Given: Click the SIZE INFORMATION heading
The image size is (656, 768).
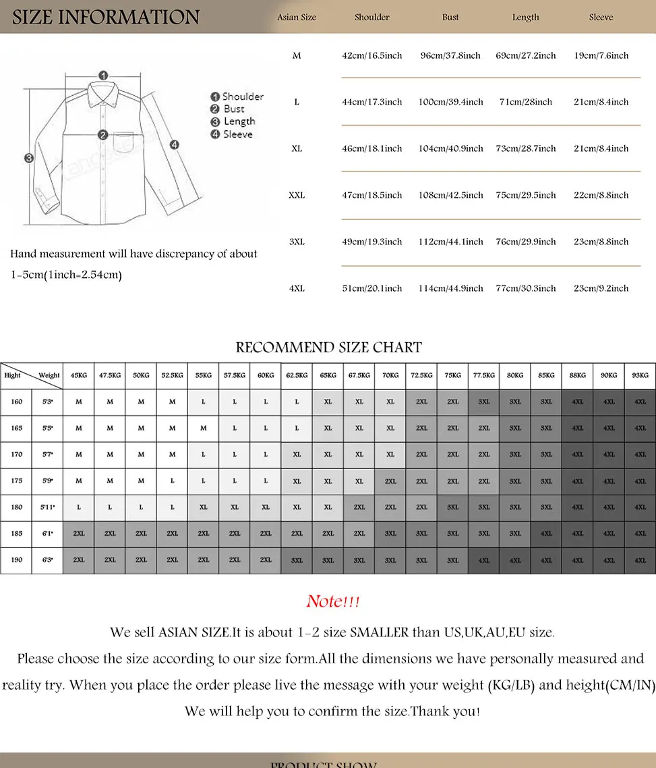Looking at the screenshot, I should (x=106, y=17).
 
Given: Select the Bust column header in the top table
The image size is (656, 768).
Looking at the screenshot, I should (x=450, y=18).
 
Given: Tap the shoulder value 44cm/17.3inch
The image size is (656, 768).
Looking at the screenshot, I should (x=371, y=102).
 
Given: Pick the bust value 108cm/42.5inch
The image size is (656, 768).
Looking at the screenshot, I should (x=450, y=195).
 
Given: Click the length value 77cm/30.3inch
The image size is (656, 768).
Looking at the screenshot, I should (x=526, y=288).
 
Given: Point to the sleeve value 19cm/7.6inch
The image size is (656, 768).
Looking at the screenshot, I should (x=601, y=55).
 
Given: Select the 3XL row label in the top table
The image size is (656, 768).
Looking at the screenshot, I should (x=297, y=242).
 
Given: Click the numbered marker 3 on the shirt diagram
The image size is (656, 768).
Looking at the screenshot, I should (x=29, y=159).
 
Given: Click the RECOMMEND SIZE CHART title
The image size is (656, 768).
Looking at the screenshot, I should (x=328, y=348).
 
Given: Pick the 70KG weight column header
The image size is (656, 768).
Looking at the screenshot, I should (x=390, y=375).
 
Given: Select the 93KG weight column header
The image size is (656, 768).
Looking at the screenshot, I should (x=640, y=375).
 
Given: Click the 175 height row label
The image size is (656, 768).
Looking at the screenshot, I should (x=16, y=481).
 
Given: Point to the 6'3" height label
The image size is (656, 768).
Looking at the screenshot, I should (x=48, y=560).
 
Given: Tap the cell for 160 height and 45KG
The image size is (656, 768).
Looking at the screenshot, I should (x=79, y=402).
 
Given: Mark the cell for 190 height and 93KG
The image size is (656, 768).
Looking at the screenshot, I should (x=640, y=560).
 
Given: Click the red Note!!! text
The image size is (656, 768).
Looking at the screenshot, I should (x=333, y=601).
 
